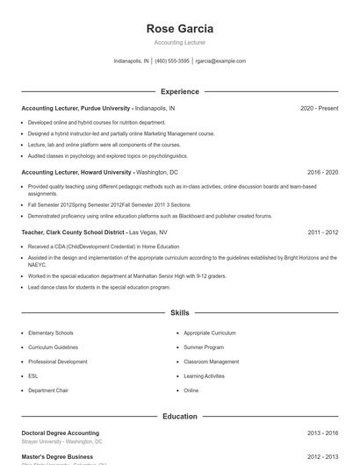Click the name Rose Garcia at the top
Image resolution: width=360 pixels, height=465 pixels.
click(x=180, y=29)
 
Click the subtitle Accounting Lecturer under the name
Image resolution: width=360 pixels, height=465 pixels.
click(x=180, y=42)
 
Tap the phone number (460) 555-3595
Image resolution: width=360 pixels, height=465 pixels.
click(x=172, y=61)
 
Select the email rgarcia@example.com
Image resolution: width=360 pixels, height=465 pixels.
click(x=220, y=61)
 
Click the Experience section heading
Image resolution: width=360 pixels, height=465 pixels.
click(x=180, y=91)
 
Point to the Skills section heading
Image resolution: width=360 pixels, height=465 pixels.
click(x=180, y=312)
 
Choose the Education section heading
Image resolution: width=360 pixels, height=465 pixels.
click(x=180, y=416)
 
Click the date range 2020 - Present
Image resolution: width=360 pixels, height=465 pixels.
click(x=319, y=108)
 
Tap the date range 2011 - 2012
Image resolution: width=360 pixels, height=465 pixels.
click(x=323, y=232)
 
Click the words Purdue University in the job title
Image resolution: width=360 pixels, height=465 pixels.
click(x=106, y=108)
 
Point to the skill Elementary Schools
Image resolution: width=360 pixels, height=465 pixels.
click(x=51, y=333)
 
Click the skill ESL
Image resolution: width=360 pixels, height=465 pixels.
click(x=33, y=376)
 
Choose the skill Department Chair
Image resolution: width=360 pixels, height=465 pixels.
click(x=48, y=390)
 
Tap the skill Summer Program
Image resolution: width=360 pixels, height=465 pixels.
click(x=204, y=347)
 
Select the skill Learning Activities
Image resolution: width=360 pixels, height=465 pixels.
click(x=205, y=376)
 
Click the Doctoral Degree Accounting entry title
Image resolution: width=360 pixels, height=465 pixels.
click(x=60, y=433)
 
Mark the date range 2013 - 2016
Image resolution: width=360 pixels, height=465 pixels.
click(x=323, y=433)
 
